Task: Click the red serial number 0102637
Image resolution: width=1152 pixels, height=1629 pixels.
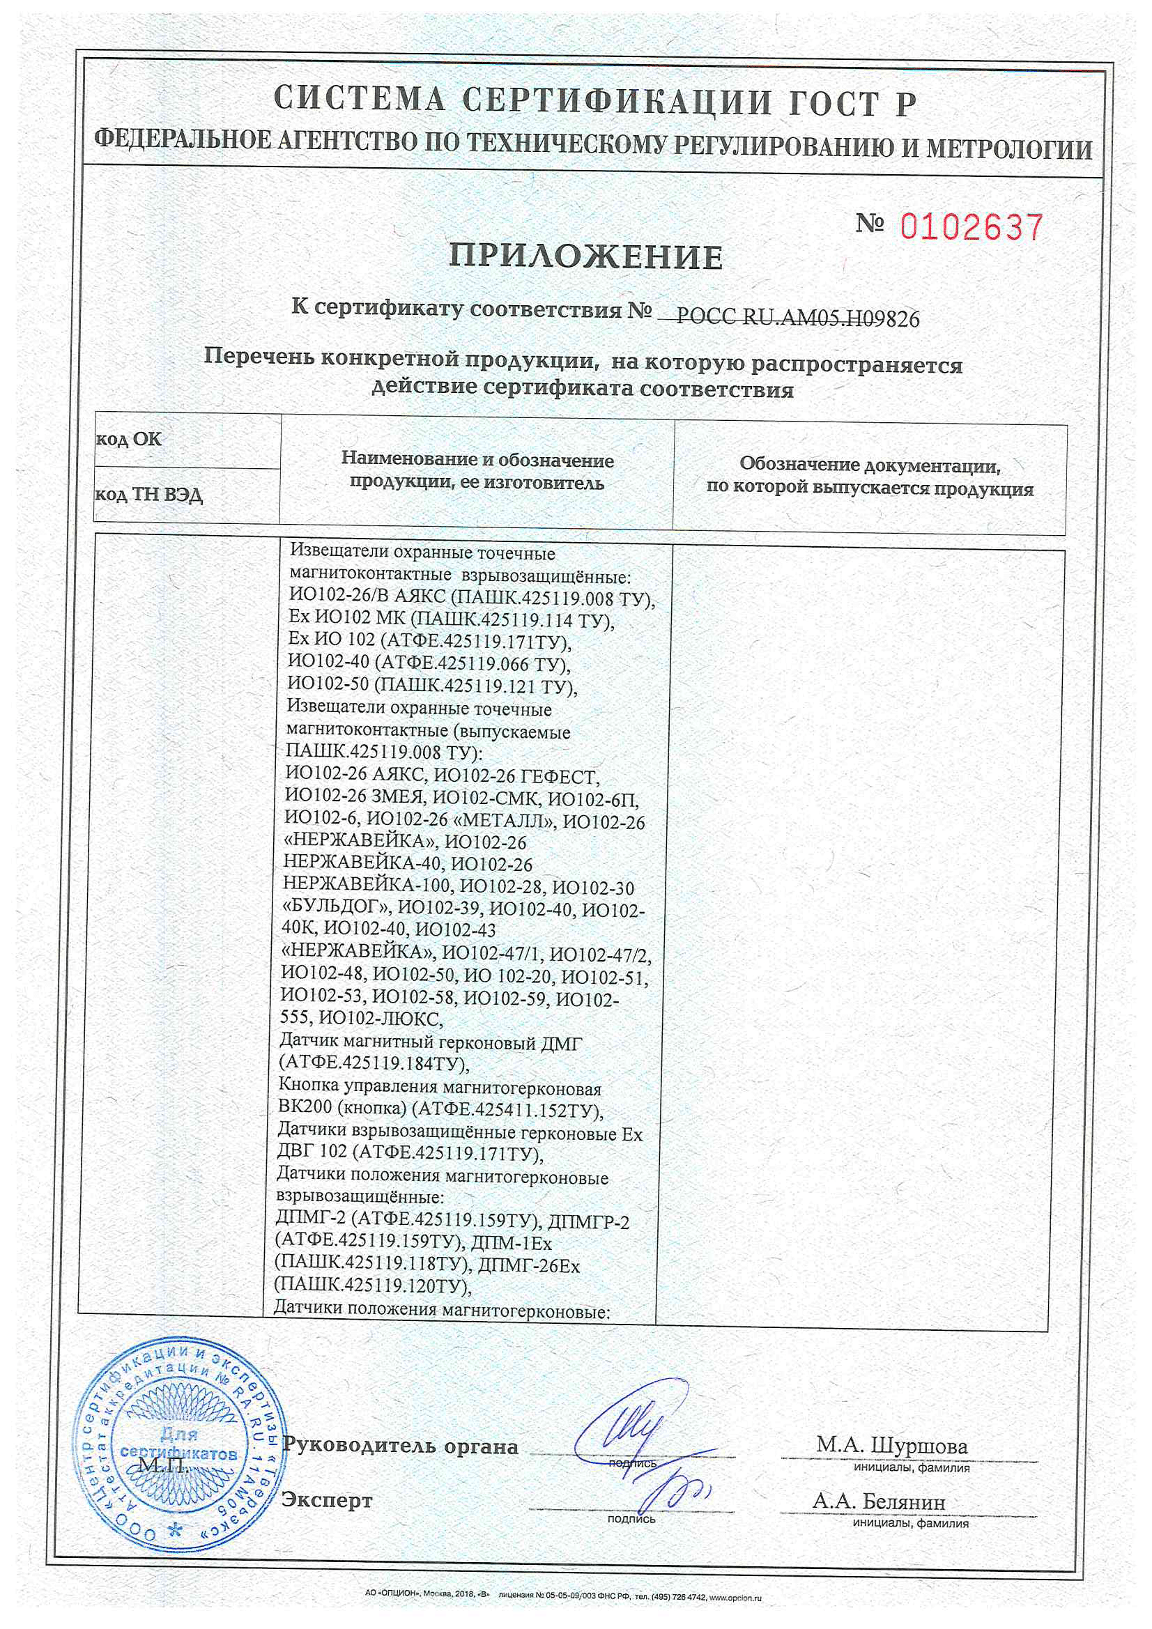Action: click(x=971, y=228)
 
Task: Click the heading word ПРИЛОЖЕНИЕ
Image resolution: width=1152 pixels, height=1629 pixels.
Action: click(x=585, y=257)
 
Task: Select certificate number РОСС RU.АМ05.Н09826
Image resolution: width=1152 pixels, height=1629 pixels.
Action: click(x=798, y=318)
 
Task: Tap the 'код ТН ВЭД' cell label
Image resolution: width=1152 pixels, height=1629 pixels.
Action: click(x=149, y=495)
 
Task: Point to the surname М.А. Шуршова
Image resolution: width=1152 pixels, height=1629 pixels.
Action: click(x=891, y=1445)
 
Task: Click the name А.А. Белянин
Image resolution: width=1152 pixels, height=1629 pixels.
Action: click(x=879, y=1501)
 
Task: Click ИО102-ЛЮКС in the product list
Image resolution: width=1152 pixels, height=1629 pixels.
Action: click(x=381, y=1019)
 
